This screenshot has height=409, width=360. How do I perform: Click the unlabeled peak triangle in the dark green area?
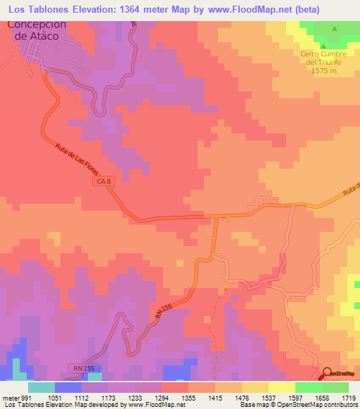(334, 29)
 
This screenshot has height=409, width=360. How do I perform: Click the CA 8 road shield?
(104, 182)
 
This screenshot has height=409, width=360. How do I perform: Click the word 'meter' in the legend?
(9, 397)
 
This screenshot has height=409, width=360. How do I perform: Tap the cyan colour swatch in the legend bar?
(41, 387)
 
